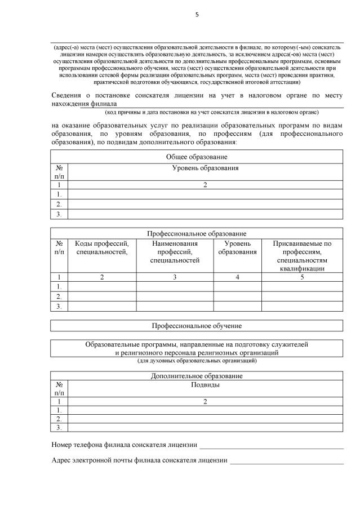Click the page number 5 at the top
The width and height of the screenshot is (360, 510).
(197, 15)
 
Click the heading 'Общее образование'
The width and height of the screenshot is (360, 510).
(197, 156)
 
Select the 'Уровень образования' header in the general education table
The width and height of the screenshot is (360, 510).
(205, 168)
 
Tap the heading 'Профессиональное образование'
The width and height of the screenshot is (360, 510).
(197, 233)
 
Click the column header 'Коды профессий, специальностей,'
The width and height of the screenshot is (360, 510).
(102, 247)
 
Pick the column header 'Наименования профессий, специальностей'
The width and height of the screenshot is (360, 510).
(175, 251)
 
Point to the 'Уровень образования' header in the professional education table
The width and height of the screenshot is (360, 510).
(237, 247)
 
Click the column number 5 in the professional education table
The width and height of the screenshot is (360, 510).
(302, 277)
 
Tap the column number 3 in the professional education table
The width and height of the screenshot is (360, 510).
(175, 277)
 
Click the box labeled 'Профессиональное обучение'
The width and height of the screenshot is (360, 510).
(197, 326)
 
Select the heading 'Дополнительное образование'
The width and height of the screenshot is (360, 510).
(197, 375)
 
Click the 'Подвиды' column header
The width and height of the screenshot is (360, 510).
(205, 385)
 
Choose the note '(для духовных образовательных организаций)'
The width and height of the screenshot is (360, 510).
(197, 360)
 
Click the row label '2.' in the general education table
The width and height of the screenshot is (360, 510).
(59, 204)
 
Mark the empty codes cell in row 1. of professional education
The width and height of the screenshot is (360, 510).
(102, 286)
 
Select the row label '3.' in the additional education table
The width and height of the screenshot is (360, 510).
(59, 427)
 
